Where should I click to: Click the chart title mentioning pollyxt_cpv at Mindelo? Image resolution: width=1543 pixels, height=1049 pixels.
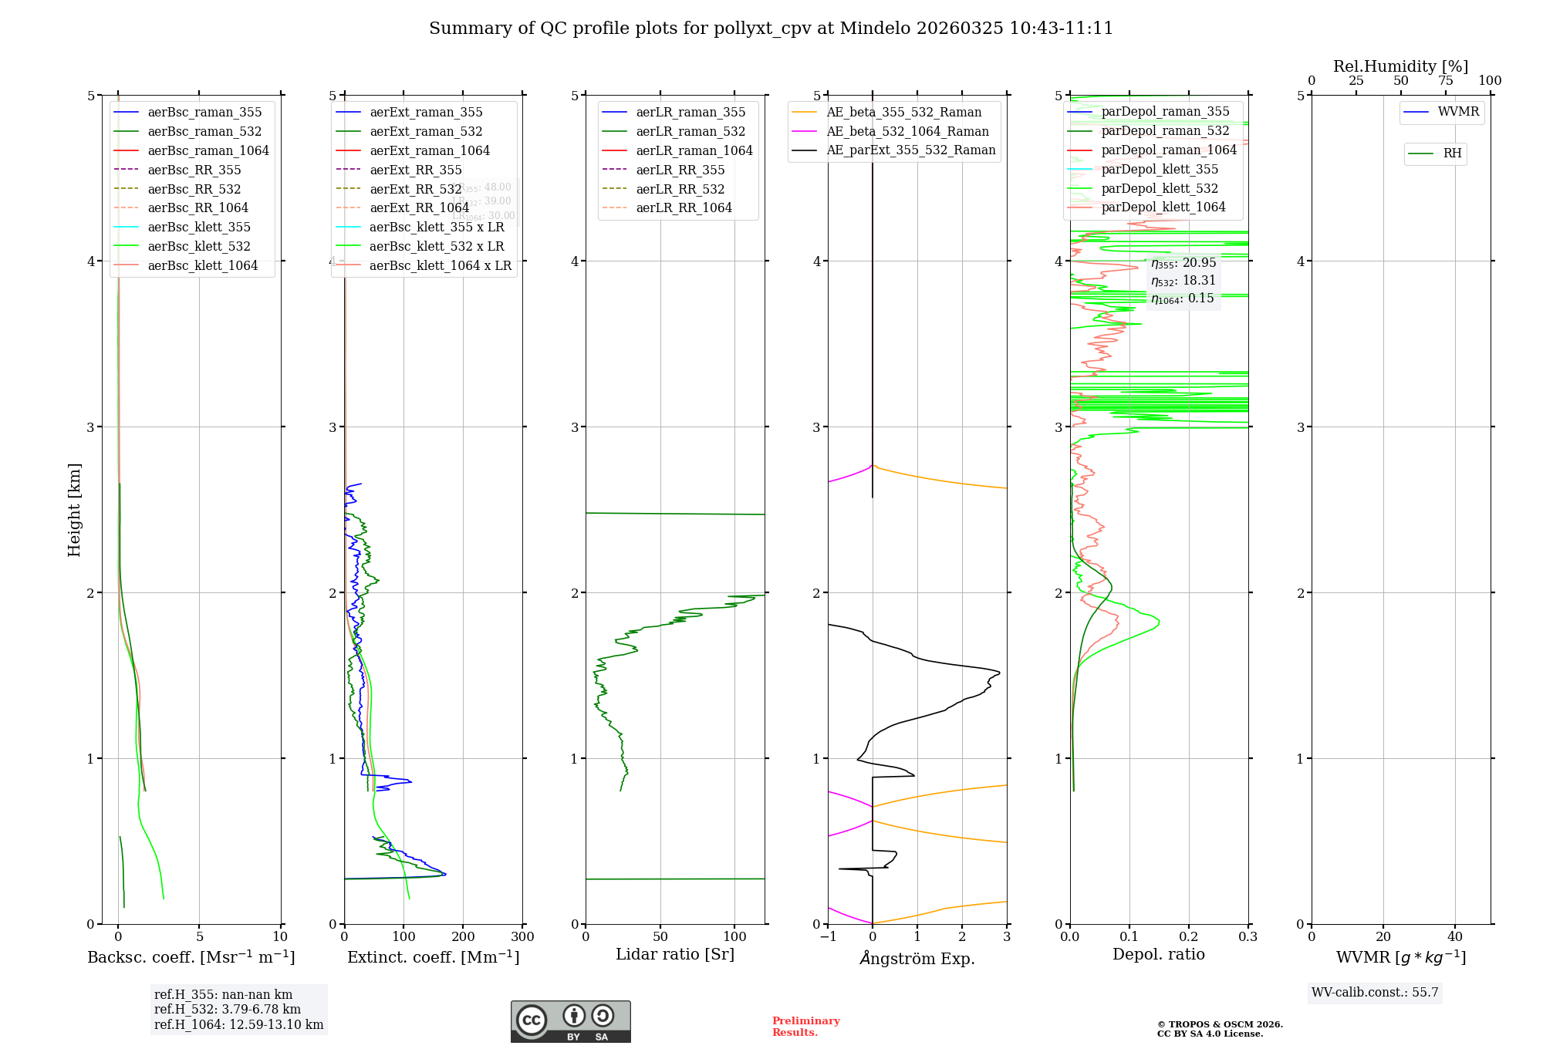[771, 29]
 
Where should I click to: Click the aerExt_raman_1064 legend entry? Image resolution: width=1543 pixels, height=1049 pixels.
[430, 150]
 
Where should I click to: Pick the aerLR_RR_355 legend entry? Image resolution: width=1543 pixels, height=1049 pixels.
[680, 170]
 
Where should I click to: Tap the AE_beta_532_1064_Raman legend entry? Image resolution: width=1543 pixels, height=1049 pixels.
[907, 131]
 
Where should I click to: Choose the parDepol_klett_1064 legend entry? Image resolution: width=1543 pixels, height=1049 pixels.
[1163, 207]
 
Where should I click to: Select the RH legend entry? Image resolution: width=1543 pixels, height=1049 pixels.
[1452, 153]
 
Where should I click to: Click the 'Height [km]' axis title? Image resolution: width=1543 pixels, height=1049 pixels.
[74, 509]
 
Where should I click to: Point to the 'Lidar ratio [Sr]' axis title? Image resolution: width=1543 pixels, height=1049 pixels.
[675, 954]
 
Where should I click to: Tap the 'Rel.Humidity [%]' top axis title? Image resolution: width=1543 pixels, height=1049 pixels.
[1400, 66]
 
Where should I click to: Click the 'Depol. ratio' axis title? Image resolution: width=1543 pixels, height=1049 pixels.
[1158, 954]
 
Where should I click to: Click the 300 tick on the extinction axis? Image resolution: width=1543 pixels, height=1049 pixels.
[522, 937]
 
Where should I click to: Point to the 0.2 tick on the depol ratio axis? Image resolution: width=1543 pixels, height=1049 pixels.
[1189, 937]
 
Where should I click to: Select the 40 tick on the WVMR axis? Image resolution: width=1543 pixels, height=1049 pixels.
[1455, 937]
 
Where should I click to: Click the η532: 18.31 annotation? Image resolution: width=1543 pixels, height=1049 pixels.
[1183, 281]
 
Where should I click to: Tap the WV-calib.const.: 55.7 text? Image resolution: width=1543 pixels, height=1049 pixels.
[1375, 993]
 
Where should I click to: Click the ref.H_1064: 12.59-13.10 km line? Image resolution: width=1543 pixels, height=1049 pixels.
[238, 1025]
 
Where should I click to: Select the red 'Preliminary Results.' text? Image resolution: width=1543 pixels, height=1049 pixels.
[805, 1027]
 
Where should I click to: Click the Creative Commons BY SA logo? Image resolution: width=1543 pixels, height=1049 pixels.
[570, 1021]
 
